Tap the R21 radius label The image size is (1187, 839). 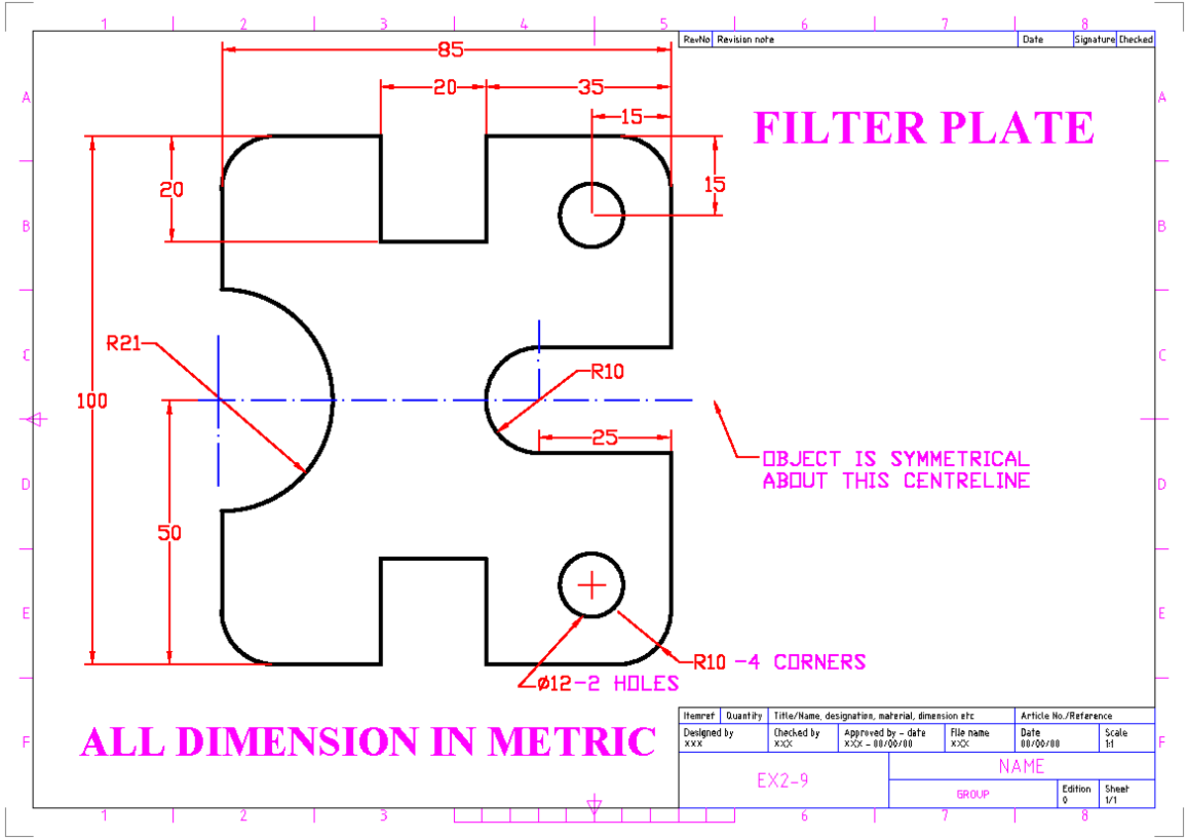123,344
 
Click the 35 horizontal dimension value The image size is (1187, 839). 591,87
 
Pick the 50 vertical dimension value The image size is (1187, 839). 170,532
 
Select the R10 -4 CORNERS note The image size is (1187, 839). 779,661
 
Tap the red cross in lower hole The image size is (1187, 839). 592,586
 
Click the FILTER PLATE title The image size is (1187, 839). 924,129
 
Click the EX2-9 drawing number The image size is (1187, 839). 783,781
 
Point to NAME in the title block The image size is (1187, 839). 1022,766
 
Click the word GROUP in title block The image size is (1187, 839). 972,793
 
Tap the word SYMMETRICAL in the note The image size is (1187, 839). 959,459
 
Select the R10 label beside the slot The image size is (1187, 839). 607,372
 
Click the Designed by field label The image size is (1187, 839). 708,733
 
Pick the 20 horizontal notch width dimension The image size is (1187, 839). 445,87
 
